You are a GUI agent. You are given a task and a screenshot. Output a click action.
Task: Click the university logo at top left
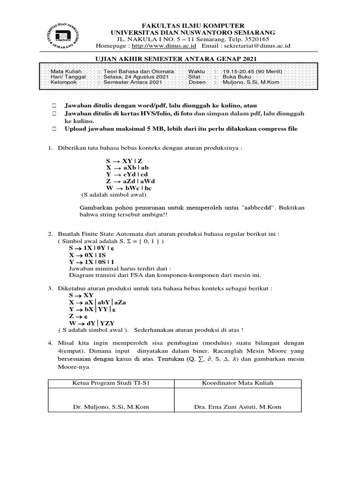[x=66, y=35]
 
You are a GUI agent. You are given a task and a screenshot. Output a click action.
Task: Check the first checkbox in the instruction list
[x=54, y=106]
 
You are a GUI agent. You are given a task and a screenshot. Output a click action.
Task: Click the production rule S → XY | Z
[x=124, y=161]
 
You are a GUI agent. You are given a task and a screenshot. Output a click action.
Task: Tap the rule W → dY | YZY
[x=92, y=323]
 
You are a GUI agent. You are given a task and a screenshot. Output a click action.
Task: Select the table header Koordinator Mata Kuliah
[x=237, y=383]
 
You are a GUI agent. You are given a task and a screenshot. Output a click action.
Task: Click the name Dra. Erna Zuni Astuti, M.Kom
[x=237, y=407]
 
